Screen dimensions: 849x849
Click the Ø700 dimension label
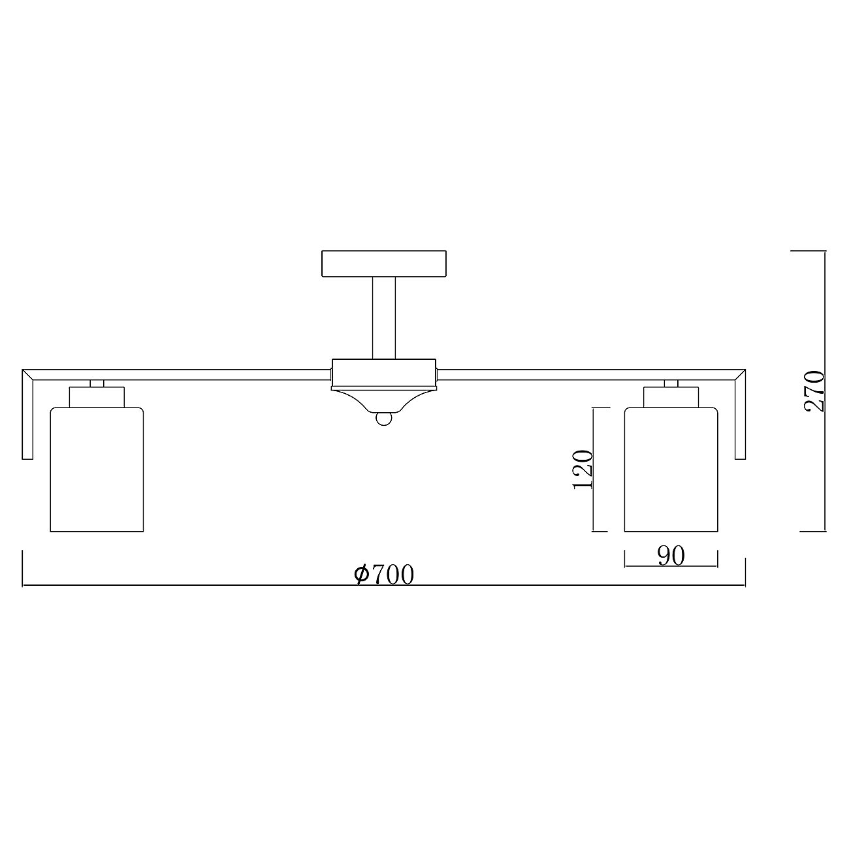(384, 574)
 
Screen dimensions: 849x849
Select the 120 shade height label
(582, 470)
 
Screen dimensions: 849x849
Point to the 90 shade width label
(671, 556)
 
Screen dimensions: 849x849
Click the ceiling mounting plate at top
(384, 263)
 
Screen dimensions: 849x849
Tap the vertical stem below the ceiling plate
(384, 317)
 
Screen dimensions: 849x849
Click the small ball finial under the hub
(384, 419)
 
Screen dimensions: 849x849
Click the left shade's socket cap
(97, 396)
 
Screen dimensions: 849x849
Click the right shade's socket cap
(671, 396)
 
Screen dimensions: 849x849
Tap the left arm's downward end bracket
(27, 418)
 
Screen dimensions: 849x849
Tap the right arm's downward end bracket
(740, 418)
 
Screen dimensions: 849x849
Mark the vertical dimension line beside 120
(593, 470)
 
